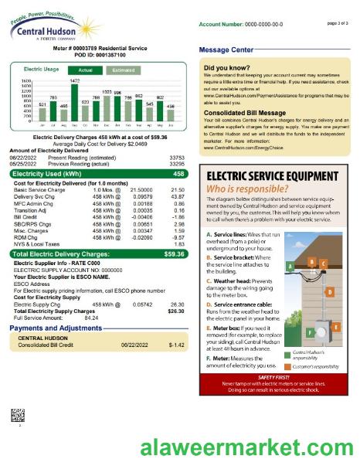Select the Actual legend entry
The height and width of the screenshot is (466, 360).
[86, 70]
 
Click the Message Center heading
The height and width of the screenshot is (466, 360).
[226, 50]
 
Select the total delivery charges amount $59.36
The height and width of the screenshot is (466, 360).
[175, 253]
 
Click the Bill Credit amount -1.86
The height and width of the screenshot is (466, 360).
[178, 219]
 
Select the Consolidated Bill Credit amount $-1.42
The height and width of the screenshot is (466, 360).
[177, 323]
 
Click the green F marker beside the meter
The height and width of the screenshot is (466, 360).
[310, 332]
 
